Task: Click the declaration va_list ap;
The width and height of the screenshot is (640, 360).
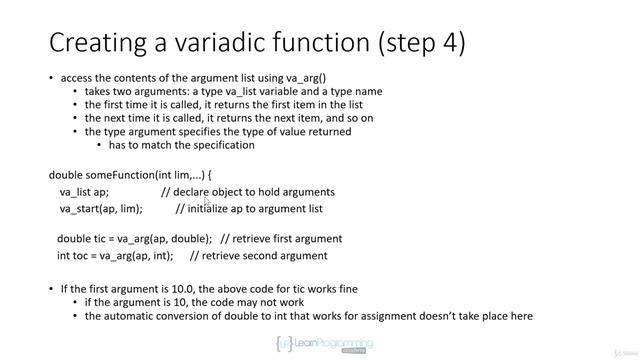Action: (85, 192)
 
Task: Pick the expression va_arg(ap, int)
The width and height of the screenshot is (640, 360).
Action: (136, 256)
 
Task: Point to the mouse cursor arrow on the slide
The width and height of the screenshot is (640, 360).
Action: (207, 202)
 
